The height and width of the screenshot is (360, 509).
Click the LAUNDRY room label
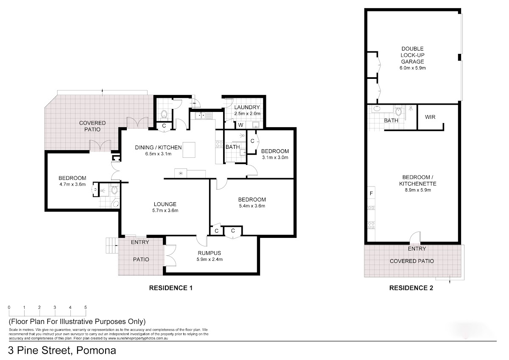point(247,107)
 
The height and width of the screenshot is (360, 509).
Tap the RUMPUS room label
point(209,253)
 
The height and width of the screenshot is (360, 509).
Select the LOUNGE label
point(165,204)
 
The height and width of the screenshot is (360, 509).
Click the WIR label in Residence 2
point(430,117)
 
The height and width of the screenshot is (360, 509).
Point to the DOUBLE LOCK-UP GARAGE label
point(412,55)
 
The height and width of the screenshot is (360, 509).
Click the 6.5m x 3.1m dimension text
point(158,154)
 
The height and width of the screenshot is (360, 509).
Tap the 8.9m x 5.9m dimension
point(418,190)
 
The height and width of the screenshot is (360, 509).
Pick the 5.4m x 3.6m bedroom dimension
point(252,206)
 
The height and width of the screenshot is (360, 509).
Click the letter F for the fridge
point(371,193)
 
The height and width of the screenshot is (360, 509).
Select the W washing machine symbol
point(241,125)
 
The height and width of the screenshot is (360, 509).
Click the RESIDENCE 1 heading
point(171,288)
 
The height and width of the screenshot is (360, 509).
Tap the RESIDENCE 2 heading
point(411,288)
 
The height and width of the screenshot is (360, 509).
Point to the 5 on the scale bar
point(85,307)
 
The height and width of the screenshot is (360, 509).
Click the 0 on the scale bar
point(9,307)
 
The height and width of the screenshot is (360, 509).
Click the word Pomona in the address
point(96,351)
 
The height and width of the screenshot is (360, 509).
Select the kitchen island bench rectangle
point(189,150)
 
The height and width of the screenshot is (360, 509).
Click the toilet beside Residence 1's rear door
point(164,114)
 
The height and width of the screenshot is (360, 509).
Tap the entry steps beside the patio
point(112,246)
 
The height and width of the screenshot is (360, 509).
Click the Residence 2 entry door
point(415,237)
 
